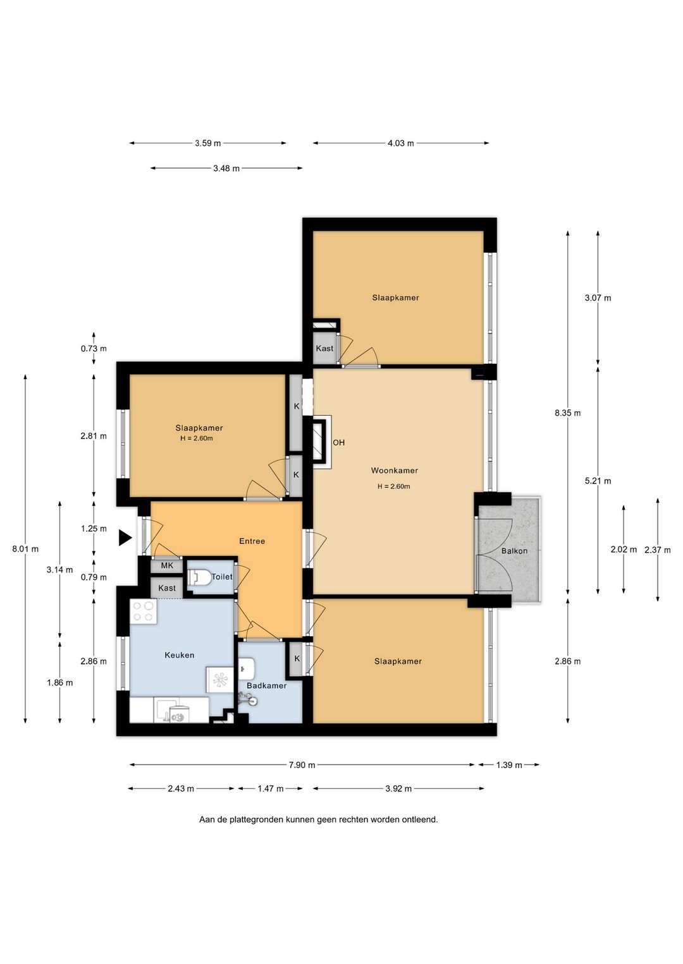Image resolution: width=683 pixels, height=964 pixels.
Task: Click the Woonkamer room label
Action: [394, 471]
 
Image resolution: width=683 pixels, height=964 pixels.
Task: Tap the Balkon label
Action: [514, 551]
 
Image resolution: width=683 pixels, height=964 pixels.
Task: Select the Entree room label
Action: [252, 541]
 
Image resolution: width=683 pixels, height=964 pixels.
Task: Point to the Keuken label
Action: [179, 655]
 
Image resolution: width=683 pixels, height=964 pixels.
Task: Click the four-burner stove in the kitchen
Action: [144, 612]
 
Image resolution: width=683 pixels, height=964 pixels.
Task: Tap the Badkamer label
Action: [266, 685]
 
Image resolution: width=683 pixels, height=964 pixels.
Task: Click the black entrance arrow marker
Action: [125, 538]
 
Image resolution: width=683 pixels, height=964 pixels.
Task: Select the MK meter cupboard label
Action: [167, 565]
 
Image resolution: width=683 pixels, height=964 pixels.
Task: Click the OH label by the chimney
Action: [339, 442]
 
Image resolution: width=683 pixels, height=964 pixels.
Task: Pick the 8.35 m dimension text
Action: [567, 413]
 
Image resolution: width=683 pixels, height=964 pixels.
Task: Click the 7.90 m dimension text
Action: [302, 765]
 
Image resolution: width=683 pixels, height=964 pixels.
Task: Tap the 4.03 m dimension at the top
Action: [401, 143]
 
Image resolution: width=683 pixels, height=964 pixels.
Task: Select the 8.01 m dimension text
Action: [25, 549]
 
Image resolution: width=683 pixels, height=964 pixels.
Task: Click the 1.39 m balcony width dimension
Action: [509, 765]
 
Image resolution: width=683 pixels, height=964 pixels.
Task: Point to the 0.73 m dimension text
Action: [94, 349]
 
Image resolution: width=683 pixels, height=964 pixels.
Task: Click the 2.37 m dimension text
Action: [658, 550]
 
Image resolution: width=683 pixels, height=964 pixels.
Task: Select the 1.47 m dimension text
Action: [271, 788]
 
